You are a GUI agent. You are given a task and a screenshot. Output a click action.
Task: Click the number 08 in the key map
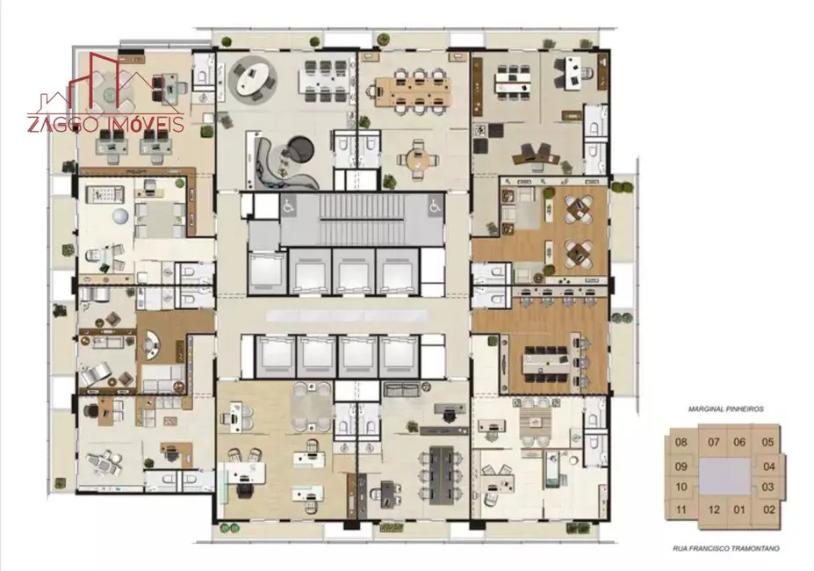pos(681,442)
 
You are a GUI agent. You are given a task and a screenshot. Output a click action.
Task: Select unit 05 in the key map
pos(767,442)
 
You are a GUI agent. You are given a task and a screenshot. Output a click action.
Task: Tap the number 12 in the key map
pos(714,510)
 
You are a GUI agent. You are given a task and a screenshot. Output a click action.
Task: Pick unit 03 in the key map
pos(767,488)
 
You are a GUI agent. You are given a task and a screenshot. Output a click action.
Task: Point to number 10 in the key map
pos(681,488)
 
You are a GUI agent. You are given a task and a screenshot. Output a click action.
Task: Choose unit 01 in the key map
pos(739,510)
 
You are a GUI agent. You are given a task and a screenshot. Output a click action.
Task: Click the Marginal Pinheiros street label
pos(725,408)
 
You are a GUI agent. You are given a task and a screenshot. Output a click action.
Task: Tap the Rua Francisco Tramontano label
pos(725,548)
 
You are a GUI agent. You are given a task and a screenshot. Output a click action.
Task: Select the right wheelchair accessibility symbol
pos(435,206)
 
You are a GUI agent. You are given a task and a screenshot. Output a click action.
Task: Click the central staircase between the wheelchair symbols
pos(362,219)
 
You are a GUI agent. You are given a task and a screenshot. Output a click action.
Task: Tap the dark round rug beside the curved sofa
pos(300,149)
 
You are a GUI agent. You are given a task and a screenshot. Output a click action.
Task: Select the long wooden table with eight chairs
pos(414,91)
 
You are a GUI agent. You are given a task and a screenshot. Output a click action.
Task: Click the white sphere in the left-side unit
pos(119,215)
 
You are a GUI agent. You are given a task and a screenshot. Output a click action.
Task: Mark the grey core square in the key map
pos(724,476)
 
